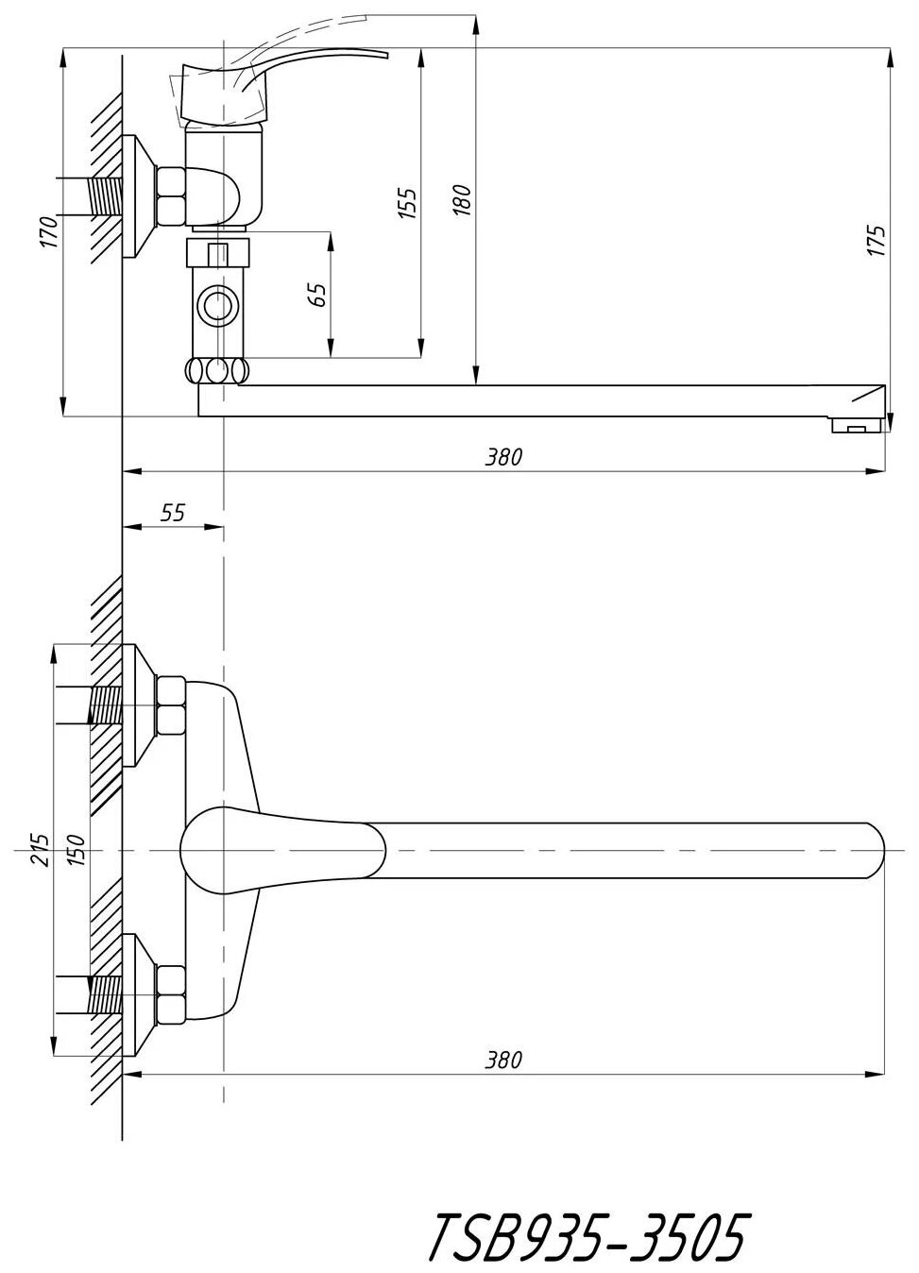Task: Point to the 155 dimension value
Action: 406,203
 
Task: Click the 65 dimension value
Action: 317,295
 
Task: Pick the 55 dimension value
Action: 173,513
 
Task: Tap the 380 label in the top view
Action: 503,1061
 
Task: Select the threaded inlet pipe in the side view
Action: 106,196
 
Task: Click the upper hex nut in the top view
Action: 172,706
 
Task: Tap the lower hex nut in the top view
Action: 172,994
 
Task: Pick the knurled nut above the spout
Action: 219,369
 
